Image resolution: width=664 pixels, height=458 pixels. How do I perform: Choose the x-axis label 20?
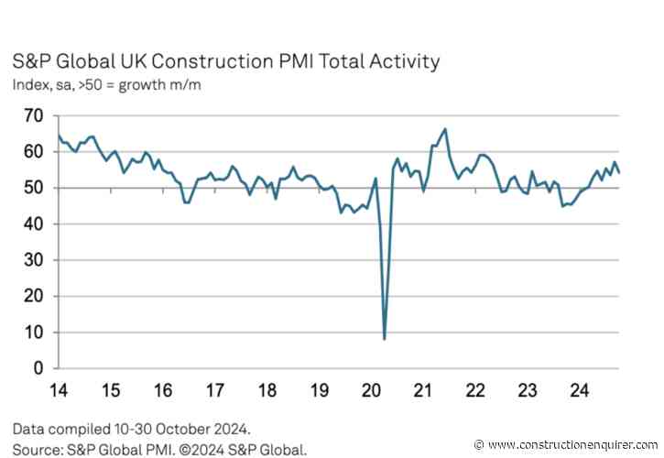(x=372, y=390)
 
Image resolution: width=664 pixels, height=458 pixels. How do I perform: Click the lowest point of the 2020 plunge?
(x=384, y=339)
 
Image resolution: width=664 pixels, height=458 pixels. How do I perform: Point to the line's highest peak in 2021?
(x=445, y=129)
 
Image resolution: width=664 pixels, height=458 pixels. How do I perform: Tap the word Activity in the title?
(x=402, y=62)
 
